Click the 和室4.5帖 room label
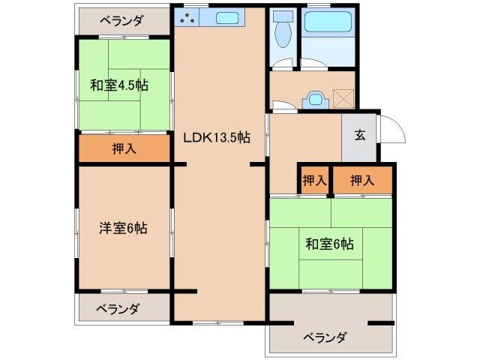120,85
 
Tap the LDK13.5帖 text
217,137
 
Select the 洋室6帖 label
124,228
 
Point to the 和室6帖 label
330,243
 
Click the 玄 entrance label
360,136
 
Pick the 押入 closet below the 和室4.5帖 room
124,148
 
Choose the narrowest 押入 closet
314,180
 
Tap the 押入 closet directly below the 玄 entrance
362,180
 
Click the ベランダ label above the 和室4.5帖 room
121,21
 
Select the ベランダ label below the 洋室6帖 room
118,308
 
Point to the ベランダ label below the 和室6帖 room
325,337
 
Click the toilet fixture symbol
283,34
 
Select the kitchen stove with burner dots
190,17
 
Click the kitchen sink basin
226,17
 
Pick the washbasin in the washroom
314,97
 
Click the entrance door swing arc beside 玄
393,132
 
